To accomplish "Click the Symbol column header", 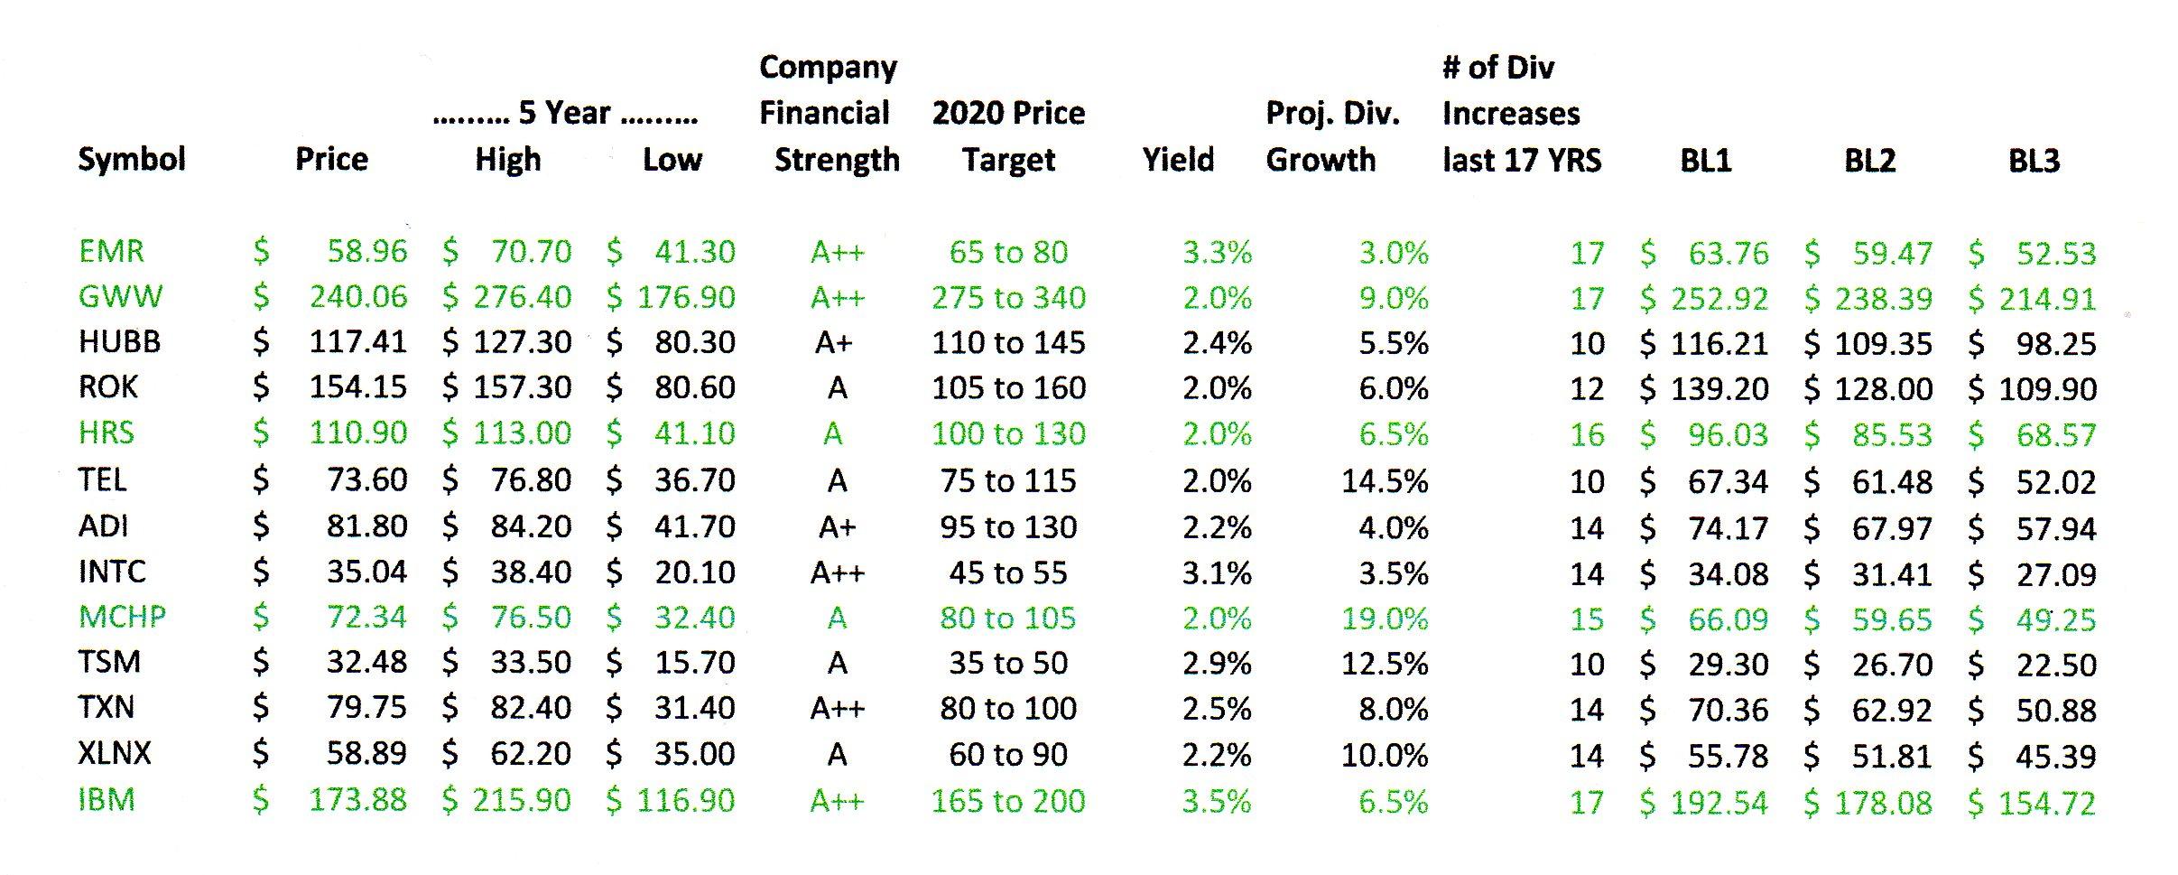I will pyautogui.click(x=132, y=160).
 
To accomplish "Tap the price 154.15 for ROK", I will pyautogui.click(x=357, y=387).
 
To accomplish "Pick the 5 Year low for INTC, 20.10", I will pyautogui.click(x=694, y=572).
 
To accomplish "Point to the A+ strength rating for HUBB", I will pyautogui.click(x=833, y=343).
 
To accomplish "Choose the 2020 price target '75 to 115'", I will pyautogui.click(x=1008, y=480).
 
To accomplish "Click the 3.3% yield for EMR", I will pyautogui.click(x=1217, y=253).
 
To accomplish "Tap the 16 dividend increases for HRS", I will pyautogui.click(x=1587, y=434).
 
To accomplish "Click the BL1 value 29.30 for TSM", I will pyautogui.click(x=1728, y=665).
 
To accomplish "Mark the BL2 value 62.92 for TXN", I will pyautogui.click(x=1892, y=710).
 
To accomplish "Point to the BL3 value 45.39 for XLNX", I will pyautogui.click(x=2055, y=756).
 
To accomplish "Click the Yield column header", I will pyautogui.click(x=1178, y=160).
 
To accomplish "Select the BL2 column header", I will pyautogui.click(x=1869, y=161).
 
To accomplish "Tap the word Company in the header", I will pyautogui.click(x=828, y=67).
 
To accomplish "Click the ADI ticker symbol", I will pyautogui.click(x=104, y=526).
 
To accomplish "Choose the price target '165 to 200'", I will pyautogui.click(x=1008, y=801).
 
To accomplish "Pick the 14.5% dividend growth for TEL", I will pyautogui.click(x=1385, y=480).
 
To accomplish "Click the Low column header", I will pyautogui.click(x=672, y=160).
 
